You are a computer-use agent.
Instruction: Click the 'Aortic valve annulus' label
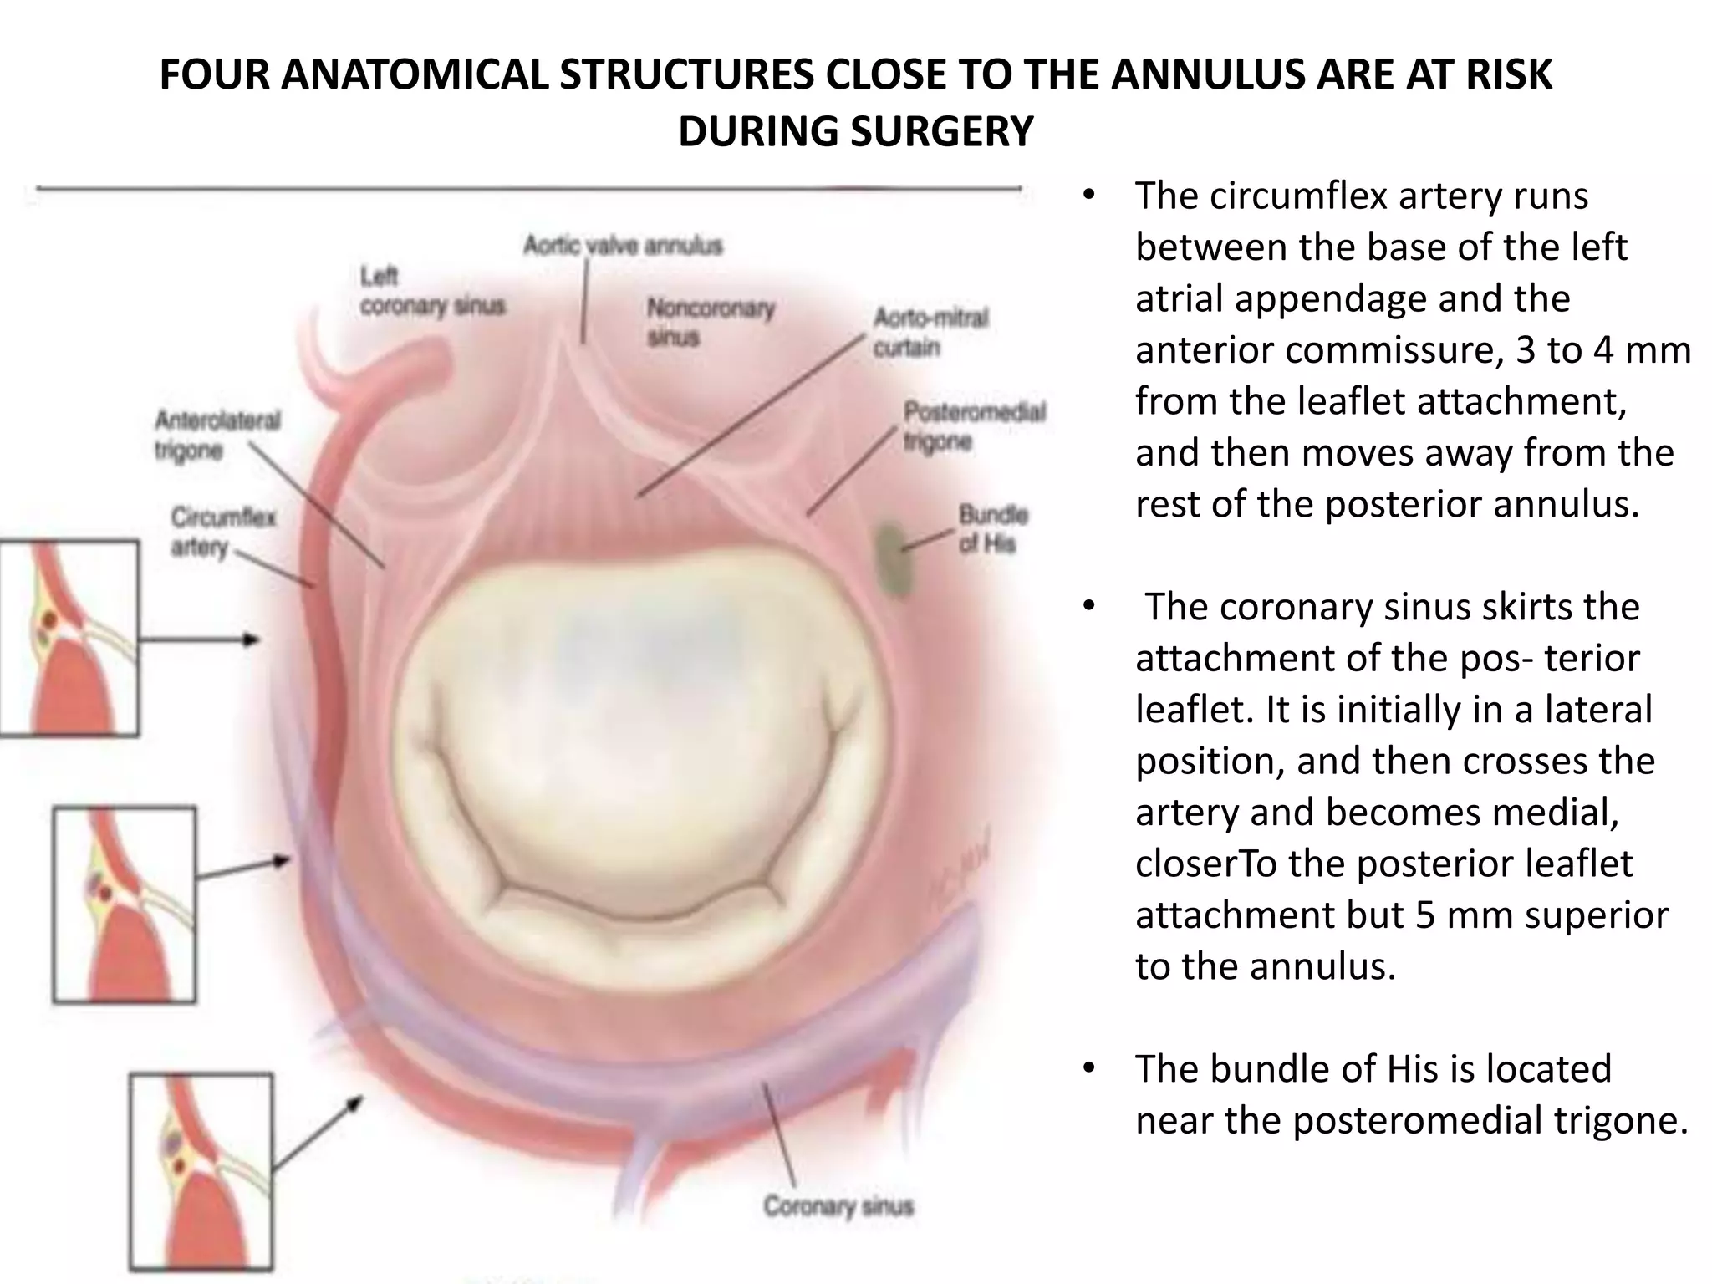[623, 246]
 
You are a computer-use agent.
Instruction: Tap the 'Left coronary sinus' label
[432, 291]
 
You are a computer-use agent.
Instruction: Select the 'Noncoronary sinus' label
[711, 323]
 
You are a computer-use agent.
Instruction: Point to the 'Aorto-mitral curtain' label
[930, 333]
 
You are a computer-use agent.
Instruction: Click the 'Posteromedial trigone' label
[974, 426]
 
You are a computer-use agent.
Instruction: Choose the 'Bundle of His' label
[993, 528]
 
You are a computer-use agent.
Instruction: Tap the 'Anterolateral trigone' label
[217, 435]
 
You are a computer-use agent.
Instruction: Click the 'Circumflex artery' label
[223, 532]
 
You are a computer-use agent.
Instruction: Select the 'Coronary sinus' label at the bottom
[838, 1206]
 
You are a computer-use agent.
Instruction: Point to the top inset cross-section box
[69, 639]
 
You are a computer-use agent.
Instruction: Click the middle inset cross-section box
[125, 904]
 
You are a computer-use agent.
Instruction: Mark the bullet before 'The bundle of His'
[1087, 1069]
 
